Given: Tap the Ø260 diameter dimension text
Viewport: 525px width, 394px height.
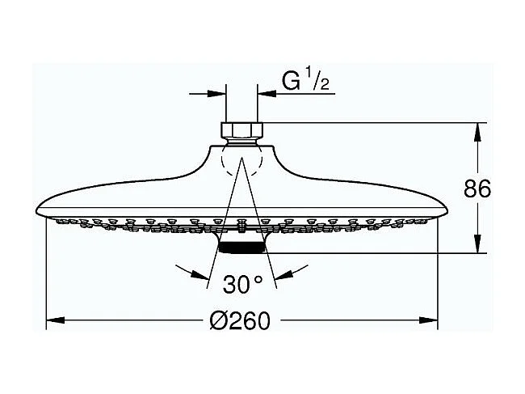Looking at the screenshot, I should [x=240, y=321].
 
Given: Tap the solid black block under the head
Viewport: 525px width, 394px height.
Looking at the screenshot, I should [x=241, y=248].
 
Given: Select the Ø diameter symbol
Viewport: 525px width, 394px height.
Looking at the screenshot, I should [x=218, y=321].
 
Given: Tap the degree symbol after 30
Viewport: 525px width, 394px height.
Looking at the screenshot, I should [x=258, y=279].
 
